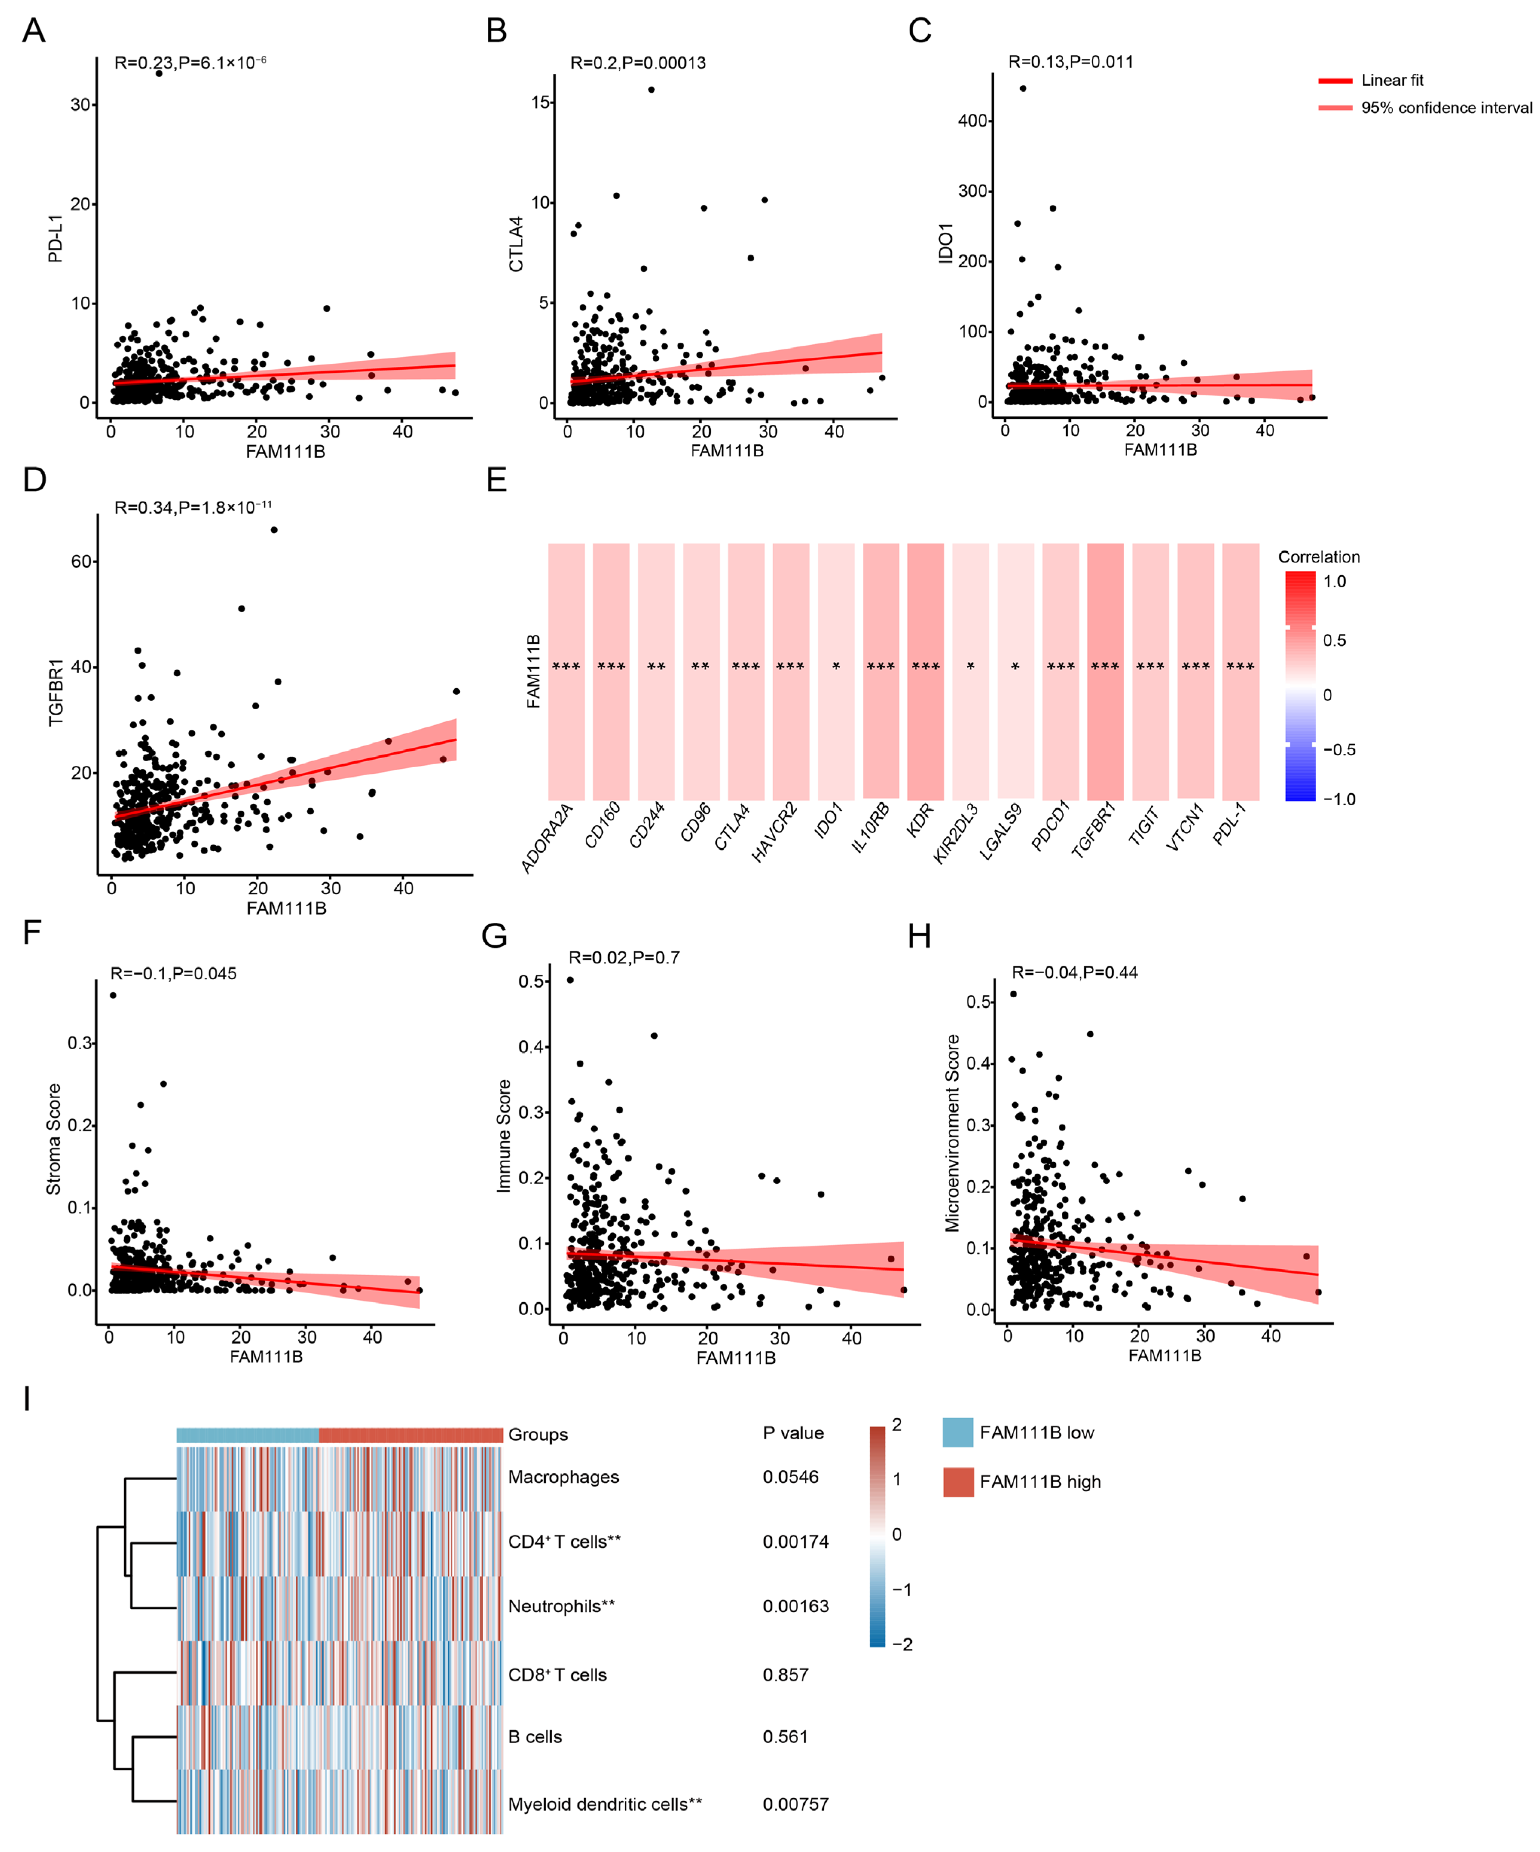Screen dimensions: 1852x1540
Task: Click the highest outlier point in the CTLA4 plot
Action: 651,89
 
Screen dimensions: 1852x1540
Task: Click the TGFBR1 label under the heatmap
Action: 1094,829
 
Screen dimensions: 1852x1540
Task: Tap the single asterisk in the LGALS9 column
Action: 1015,667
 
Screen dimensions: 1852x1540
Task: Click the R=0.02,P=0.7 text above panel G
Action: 624,958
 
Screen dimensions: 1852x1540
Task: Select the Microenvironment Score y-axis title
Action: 952,1133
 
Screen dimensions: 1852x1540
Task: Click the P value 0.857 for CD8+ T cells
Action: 785,1675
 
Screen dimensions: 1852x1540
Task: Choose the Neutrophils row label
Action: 561,1606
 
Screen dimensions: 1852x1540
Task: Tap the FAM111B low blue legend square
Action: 958,1432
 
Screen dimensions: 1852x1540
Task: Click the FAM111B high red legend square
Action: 958,1482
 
